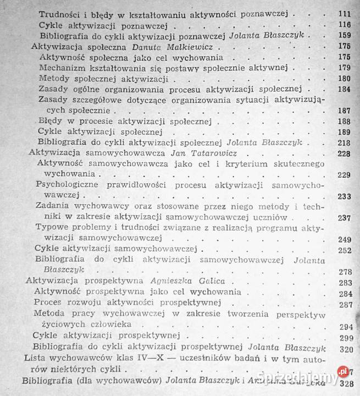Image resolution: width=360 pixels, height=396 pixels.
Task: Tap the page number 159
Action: (345, 36)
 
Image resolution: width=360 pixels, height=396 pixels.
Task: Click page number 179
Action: (345, 68)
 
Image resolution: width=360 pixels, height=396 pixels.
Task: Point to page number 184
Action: (345, 89)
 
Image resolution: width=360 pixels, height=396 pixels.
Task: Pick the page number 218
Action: (345, 142)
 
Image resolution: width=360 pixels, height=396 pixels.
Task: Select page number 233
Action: (345, 195)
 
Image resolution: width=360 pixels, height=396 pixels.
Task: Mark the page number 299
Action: (345, 338)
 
